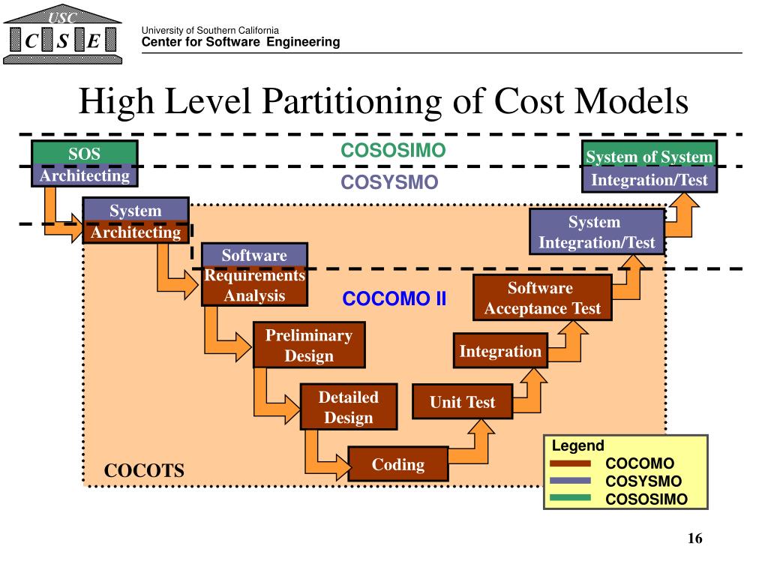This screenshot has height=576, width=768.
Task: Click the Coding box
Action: click(x=398, y=465)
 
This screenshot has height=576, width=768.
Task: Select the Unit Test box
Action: click(x=462, y=402)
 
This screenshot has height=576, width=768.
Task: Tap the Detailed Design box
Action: click(x=348, y=407)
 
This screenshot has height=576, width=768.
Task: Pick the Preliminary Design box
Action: click(x=308, y=346)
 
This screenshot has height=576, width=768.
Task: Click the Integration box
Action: click(x=499, y=351)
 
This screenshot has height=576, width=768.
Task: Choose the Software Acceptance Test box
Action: click(x=542, y=298)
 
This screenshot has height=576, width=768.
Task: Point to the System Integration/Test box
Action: click(x=596, y=232)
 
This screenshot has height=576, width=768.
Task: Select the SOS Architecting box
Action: click(x=84, y=164)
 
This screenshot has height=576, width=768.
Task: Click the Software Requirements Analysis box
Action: click(x=254, y=275)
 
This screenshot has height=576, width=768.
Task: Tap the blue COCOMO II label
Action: click(x=394, y=299)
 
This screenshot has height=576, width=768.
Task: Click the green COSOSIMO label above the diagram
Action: click(x=393, y=151)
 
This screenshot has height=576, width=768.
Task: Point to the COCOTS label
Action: click(x=144, y=471)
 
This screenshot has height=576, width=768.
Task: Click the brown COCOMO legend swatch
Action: click(x=570, y=464)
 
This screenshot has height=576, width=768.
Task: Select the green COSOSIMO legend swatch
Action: click(x=570, y=498)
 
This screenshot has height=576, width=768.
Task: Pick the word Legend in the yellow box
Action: click(x=577, y=446)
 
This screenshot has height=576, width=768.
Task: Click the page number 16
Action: click(x=694, y=538)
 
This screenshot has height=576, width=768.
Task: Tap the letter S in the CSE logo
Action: click(x=62, y=42)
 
